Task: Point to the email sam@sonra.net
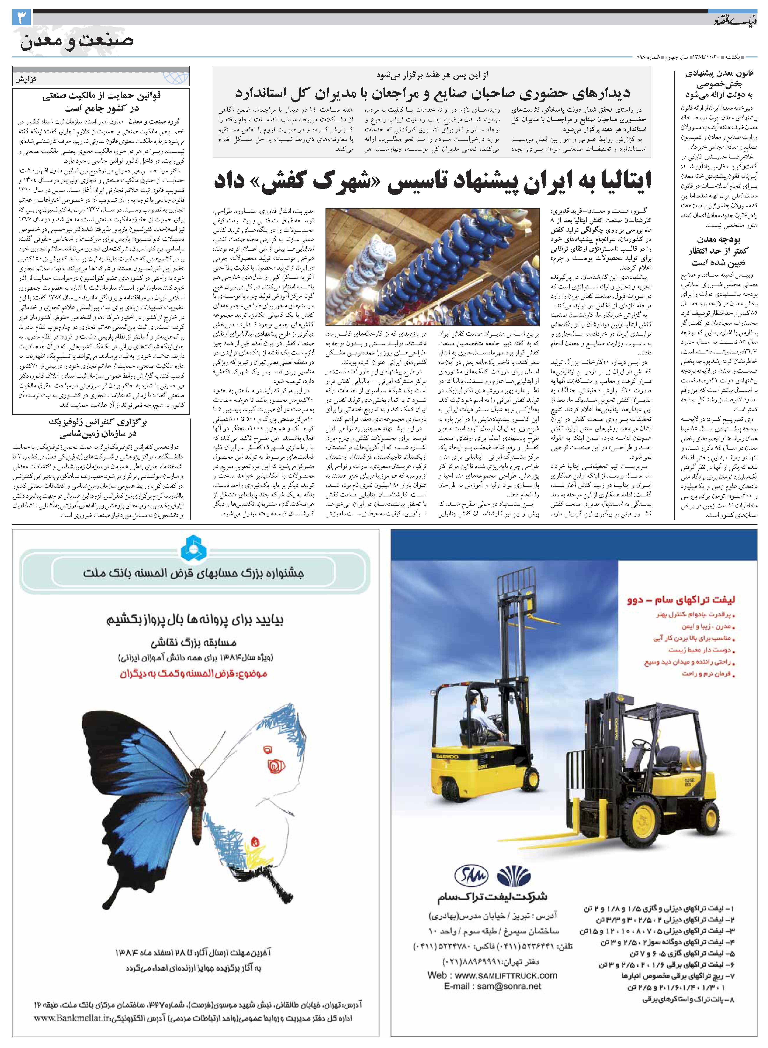click(x=493, y=986)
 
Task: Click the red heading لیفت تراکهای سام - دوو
click(x=687, y=600)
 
